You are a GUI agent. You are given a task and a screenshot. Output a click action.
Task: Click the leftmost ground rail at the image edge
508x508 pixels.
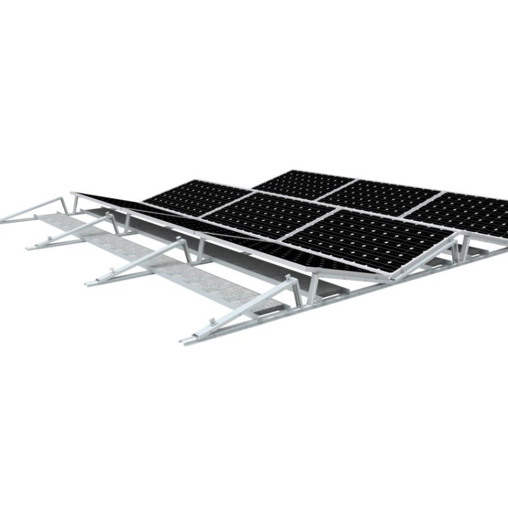point(5,220)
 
